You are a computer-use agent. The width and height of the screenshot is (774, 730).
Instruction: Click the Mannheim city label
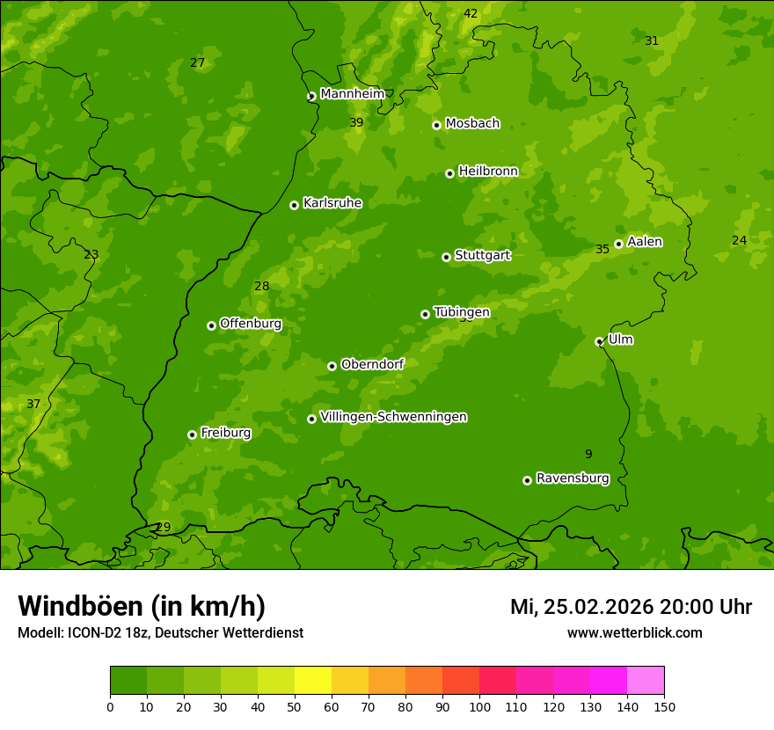[x=352, y=94]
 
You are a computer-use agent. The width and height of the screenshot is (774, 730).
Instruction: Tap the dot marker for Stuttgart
[x=446, y=257]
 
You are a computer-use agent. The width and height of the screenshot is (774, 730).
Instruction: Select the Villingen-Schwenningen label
[x=393, y=417]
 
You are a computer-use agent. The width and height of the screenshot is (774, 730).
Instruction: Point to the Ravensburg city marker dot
[x=527, y=480]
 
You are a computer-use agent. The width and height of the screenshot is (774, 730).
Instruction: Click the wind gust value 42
[x=471, y=13]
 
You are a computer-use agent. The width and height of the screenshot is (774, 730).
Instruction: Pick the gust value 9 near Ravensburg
[x=588, y=454]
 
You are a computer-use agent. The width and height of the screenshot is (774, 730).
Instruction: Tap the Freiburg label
[x=225, y=433]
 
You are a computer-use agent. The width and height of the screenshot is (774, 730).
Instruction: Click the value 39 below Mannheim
[x=355, y=122]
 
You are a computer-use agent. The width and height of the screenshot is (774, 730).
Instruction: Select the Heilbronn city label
[x=488, y=172]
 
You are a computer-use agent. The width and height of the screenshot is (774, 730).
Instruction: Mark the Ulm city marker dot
[x=599, y=341]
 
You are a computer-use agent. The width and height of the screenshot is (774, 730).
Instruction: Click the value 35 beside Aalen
[x=602, y=249]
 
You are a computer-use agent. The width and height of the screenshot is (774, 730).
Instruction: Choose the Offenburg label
[x=251, y=324]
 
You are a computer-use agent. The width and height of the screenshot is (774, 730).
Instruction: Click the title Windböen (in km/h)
[x=142, y=606]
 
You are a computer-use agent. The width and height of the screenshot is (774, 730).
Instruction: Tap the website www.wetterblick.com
[x=634, y=632]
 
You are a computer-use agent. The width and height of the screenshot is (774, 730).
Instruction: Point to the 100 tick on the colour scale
[x=479, y=706]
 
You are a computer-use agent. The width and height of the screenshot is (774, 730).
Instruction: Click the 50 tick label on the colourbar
[x=295, y=706]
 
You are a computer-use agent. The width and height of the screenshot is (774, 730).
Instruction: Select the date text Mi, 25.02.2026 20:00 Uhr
[x=631, y=607]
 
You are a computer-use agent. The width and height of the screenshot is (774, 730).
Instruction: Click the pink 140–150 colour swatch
[x=646, y=680]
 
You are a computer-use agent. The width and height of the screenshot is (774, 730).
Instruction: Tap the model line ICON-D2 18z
[x=160, y=632]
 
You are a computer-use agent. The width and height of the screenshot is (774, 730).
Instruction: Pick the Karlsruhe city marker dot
[x=294, y=205]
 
